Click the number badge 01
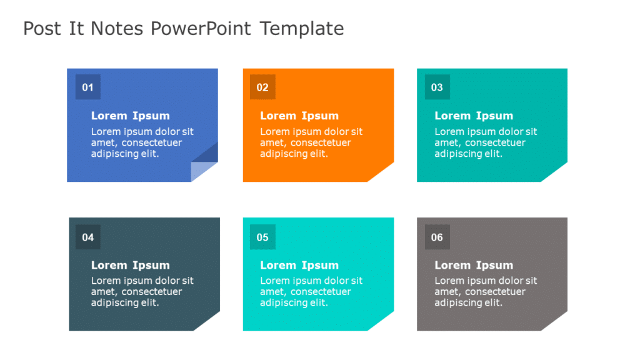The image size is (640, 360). coord(87,87)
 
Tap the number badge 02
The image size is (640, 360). coord(262,87)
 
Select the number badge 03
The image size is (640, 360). coord(437,87)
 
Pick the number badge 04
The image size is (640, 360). coord(87,237)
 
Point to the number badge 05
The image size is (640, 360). coord(262,237)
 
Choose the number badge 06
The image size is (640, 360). coord(437,237)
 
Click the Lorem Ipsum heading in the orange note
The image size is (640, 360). coord(299,116)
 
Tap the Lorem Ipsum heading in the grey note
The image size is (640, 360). coord(474,265)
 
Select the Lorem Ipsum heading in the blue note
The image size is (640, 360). coord(130,116)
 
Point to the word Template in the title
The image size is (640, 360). coord(302,29)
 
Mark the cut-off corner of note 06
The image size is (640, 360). coord(556,322)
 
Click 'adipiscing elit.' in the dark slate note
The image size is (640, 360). coord(125,303)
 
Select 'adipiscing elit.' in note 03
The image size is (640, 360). coord(468,154)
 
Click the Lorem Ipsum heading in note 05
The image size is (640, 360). coord(299,265)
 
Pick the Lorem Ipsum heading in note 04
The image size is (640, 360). coord(130,265)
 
